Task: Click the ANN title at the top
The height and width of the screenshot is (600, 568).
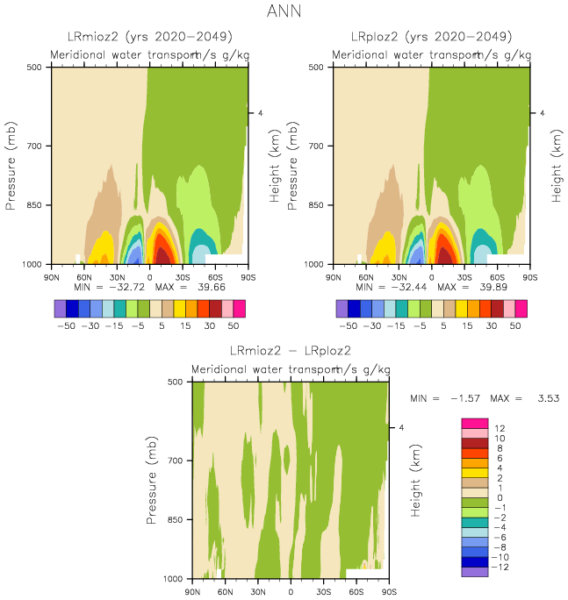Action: point(284,13)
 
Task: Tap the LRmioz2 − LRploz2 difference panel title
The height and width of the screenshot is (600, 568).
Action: point(290,351)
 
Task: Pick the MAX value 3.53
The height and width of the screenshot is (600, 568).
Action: point(538,399)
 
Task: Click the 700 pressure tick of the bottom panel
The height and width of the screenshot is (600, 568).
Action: point(176,461)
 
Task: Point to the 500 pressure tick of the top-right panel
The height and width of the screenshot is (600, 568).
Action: point(317,67)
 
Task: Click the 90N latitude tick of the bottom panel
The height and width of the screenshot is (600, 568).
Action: point(192,592)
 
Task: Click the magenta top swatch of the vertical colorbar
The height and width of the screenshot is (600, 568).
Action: point(474,423)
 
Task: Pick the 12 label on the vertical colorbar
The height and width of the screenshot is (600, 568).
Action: point(499,427)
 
